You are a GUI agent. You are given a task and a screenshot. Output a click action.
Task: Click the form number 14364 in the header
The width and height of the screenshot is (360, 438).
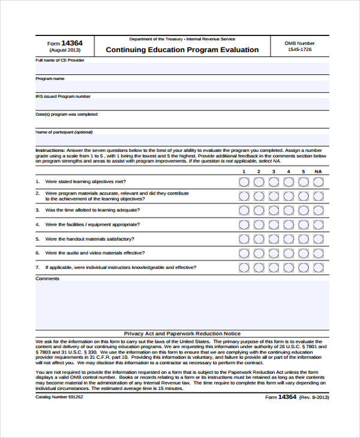coord(72,43)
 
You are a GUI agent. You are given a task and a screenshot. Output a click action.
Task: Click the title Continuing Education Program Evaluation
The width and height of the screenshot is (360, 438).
coord(182,50)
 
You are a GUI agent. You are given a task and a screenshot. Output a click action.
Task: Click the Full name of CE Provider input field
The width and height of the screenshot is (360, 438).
coord(182,68)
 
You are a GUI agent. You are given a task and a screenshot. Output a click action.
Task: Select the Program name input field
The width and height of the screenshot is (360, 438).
coord(182,86)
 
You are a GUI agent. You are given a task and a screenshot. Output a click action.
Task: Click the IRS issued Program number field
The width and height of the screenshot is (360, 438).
coord(182,104)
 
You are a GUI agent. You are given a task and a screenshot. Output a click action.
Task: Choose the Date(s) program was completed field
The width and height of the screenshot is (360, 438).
coord(182,122)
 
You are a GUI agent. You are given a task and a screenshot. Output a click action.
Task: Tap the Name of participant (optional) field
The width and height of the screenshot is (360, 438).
coord(182,140)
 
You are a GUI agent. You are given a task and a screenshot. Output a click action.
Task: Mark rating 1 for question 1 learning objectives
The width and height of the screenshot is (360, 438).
coord(244,181)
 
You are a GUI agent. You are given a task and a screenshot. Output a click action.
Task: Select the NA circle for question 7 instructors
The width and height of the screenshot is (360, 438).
coord(318,268)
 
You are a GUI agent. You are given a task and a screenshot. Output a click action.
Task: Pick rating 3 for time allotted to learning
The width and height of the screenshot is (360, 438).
coord(273,210)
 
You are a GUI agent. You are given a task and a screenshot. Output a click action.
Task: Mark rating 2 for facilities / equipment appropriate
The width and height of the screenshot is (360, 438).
coord(259,224)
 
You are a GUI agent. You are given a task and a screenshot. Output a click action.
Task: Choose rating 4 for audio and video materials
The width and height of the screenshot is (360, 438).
coord(288,253)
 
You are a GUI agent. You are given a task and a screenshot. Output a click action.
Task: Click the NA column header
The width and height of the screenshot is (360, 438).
coord(318,172)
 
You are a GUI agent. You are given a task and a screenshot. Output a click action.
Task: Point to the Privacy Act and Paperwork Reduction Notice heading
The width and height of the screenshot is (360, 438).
coord(182,334)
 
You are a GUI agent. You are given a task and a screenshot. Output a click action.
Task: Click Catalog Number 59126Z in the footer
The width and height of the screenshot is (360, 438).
coord(59,397)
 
